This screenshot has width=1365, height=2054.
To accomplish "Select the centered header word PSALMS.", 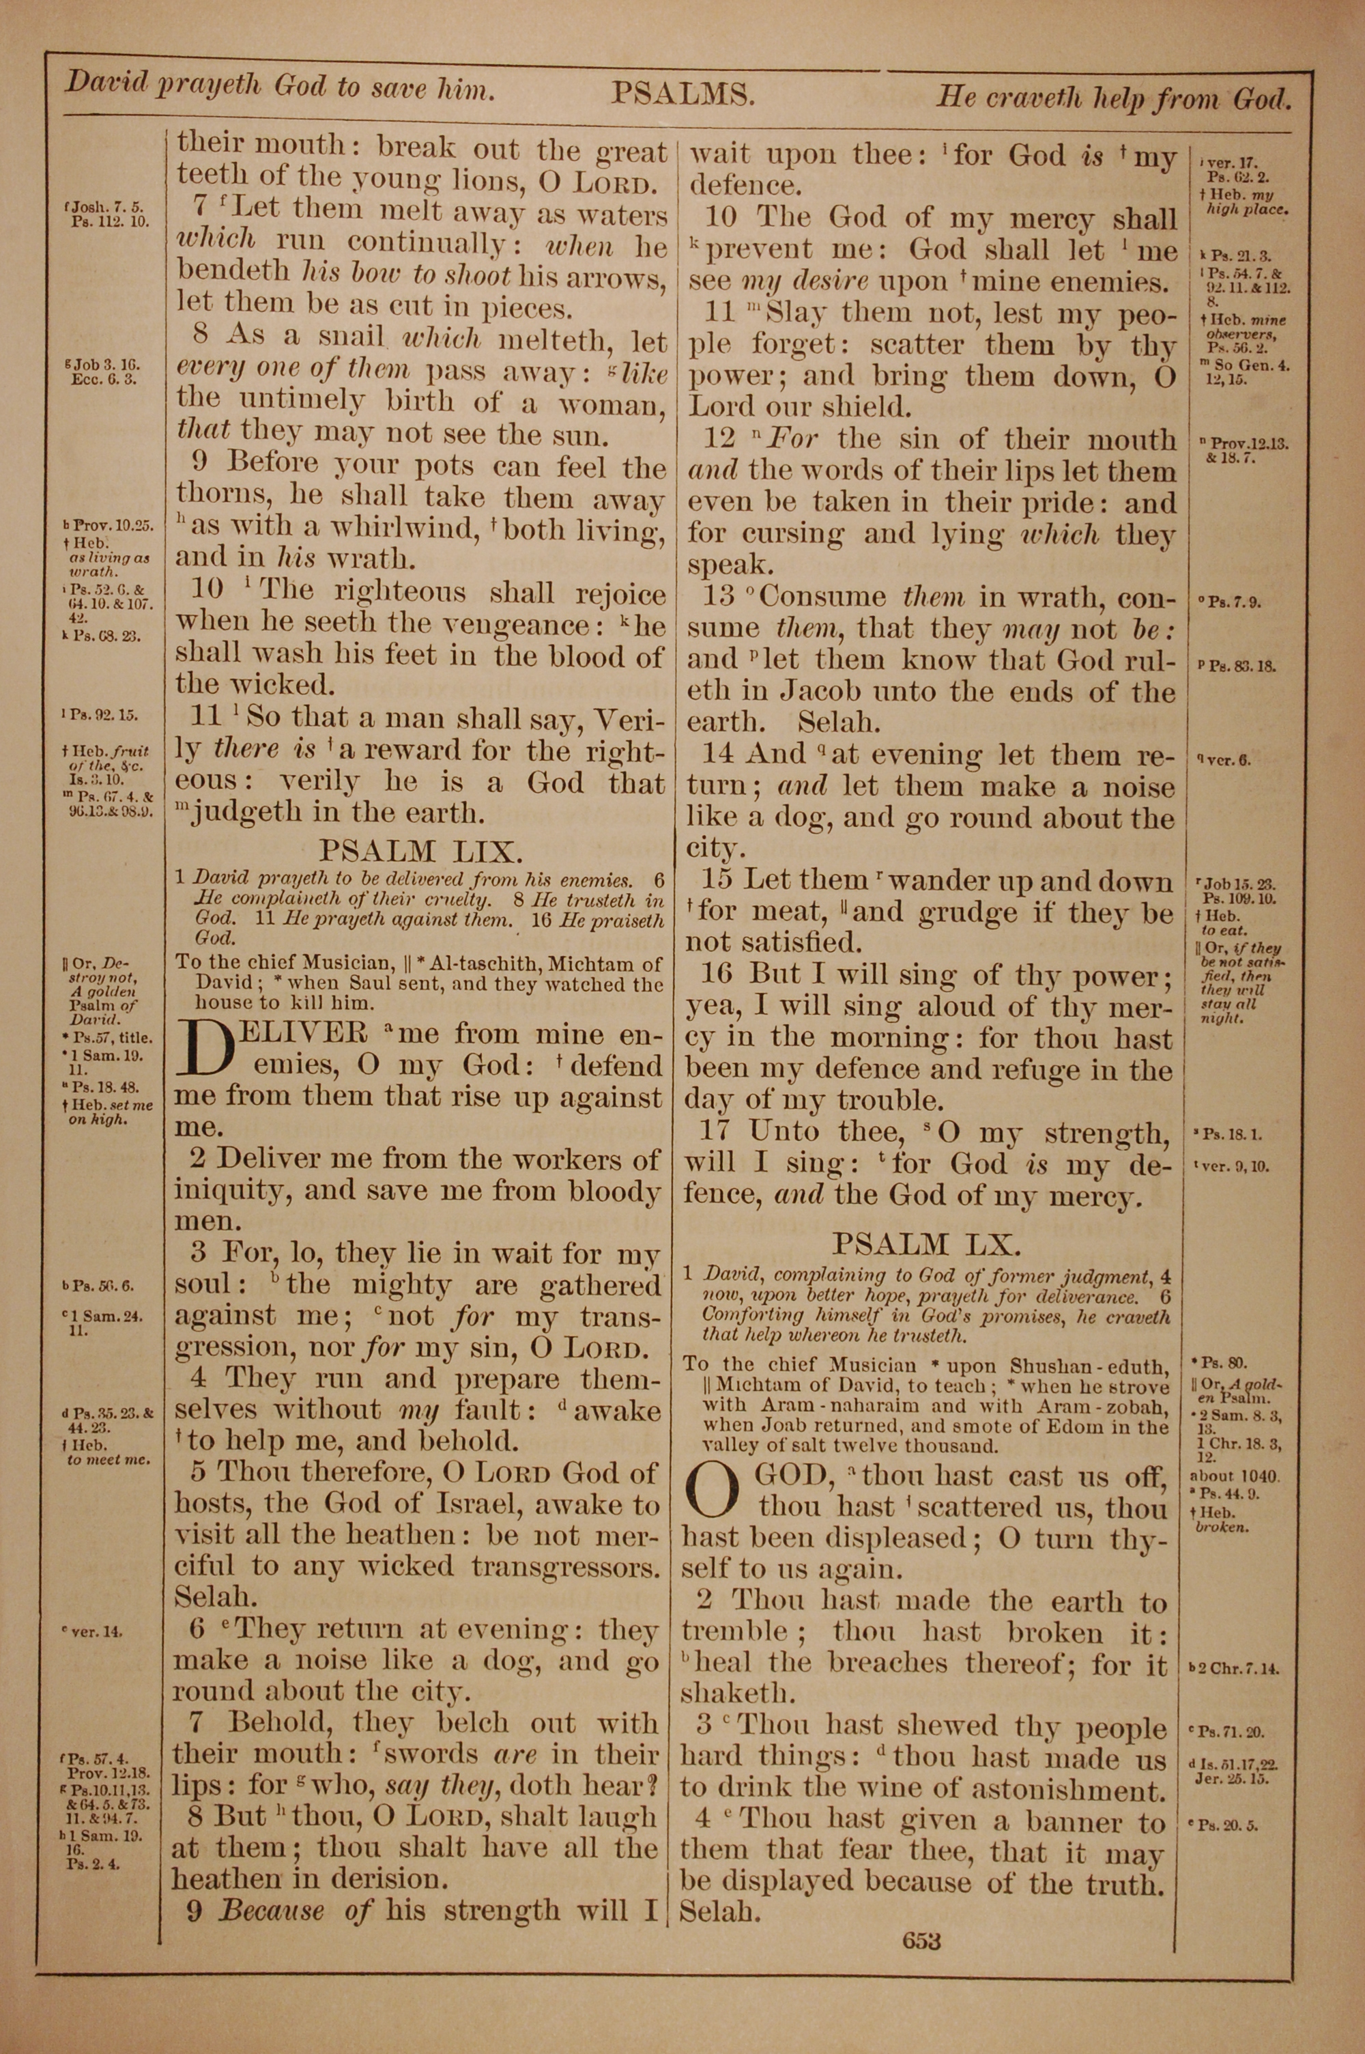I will click(682, 93).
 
